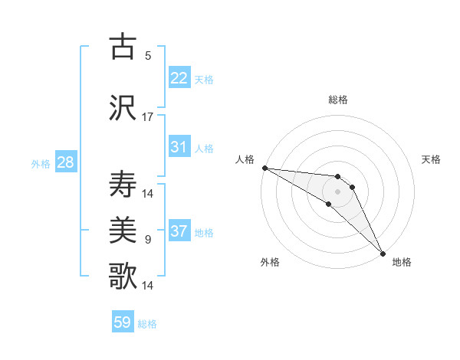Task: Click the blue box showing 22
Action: point(179,78)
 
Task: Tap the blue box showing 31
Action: point(179,147)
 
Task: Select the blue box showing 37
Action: point(179,231)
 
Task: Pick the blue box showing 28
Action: point(65,162)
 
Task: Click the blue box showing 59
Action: point(123,322)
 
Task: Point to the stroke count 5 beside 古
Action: point(148,56)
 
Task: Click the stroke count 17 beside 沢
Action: point(148,117)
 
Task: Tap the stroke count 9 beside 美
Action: point(148,240)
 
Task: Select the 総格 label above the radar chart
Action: point(338,100)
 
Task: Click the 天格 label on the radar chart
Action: point(431,159)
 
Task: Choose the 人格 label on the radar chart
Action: point(245,159)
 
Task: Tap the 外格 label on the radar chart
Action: point(270,263)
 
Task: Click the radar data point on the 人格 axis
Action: point(264,168)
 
